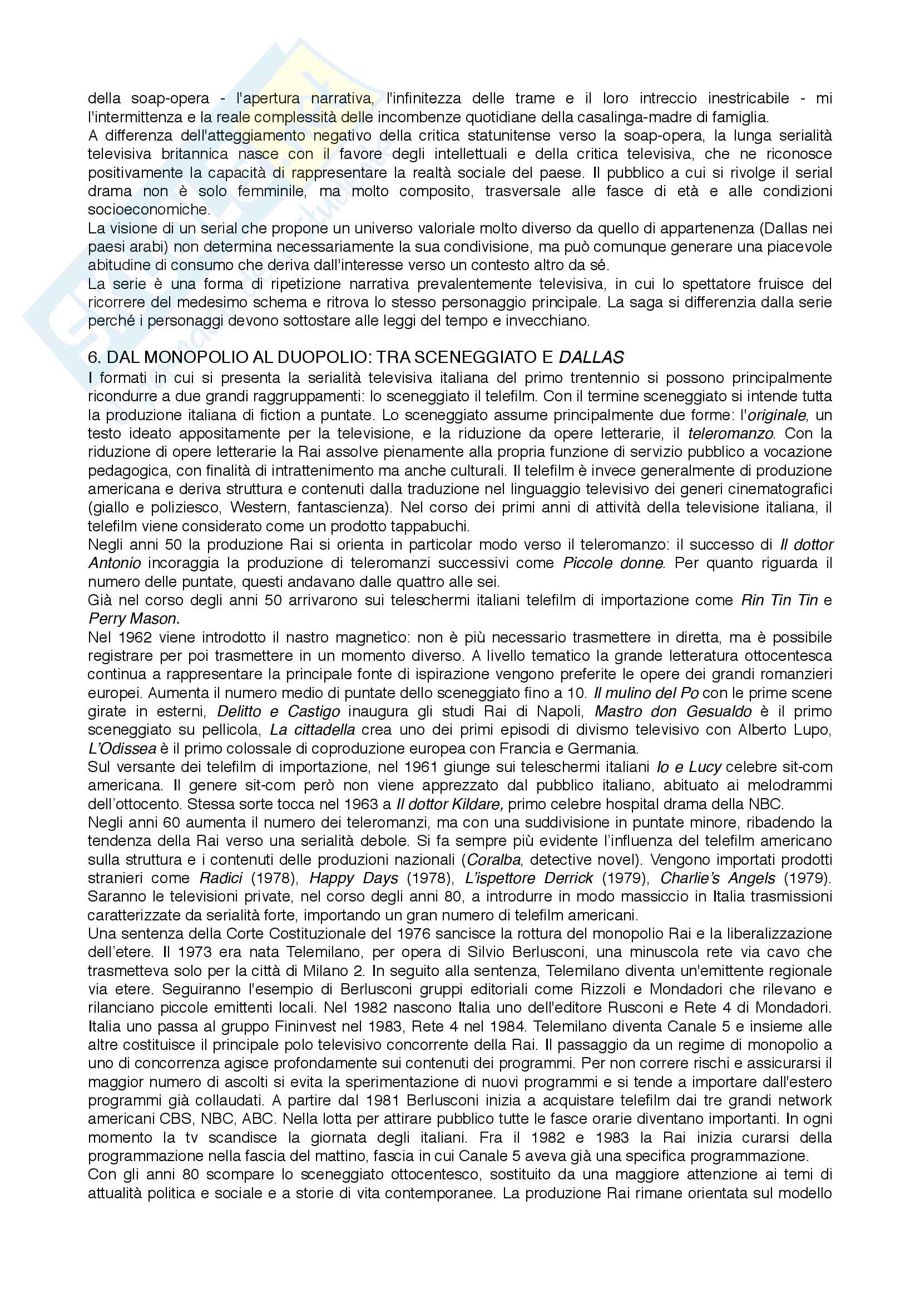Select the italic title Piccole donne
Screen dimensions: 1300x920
613,564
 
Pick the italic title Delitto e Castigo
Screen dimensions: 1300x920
279,712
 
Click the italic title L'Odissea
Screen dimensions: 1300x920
122,749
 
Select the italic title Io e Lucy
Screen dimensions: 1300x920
689,767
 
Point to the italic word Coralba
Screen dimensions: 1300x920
493,860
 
